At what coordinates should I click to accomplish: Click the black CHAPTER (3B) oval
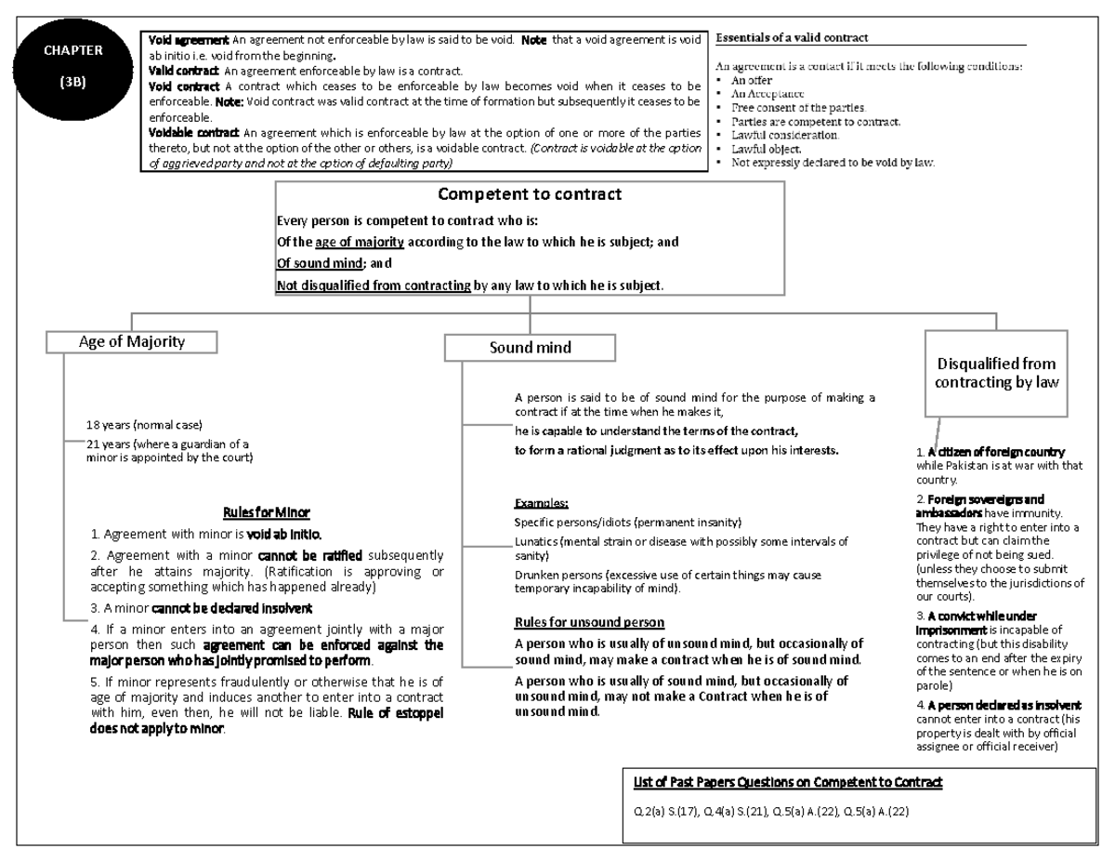(72, 66)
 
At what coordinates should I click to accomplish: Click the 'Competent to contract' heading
(530, 194)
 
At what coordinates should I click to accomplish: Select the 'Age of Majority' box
(132, 341)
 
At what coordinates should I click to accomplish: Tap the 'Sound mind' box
(530, 348)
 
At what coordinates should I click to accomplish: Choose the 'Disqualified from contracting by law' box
(995, 374)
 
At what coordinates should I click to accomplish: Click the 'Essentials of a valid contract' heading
(792, 38)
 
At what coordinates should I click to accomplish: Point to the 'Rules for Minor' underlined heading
(267, 512)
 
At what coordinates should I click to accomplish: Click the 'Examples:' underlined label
(541, 502)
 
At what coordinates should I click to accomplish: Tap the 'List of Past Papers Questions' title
(787, 783)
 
